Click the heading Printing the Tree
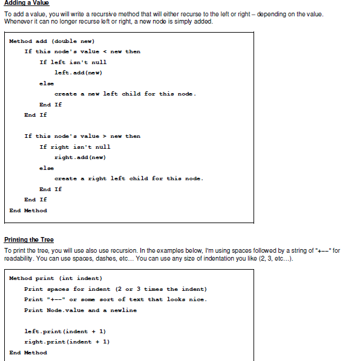pyautogui.click(x=28, y=239)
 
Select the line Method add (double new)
pyautogui.click(x=47, y=41)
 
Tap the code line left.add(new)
pyautogui.click(x=77, y=73)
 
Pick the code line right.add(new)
pyautogui.click(x=80, y=157)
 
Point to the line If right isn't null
pyautogui.click(x=74, y=147)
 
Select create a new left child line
pyautogui.click(x=125, y=94)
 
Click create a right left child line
pyautogui.click(x=129, y=178)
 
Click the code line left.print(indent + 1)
pyautogui.click(x=65, y=331)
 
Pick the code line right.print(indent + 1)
pyautogui.click(x=67, y=342)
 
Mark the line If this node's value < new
pyautogui.click(x=82, y=51)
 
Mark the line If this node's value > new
pyautogui.click(x=82, y=136)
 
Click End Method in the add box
pyautogui.click(x=28, y=210)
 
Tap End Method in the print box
pyautogui.click(x=28, y=353)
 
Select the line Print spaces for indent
pyautogui.click(x=115, y=289)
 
